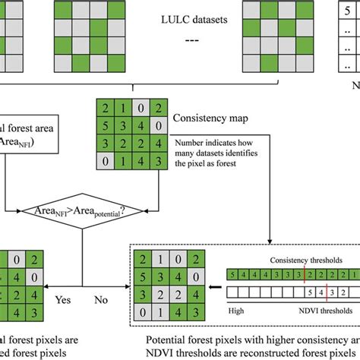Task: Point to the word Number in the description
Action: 191,141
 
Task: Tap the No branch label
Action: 101,300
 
